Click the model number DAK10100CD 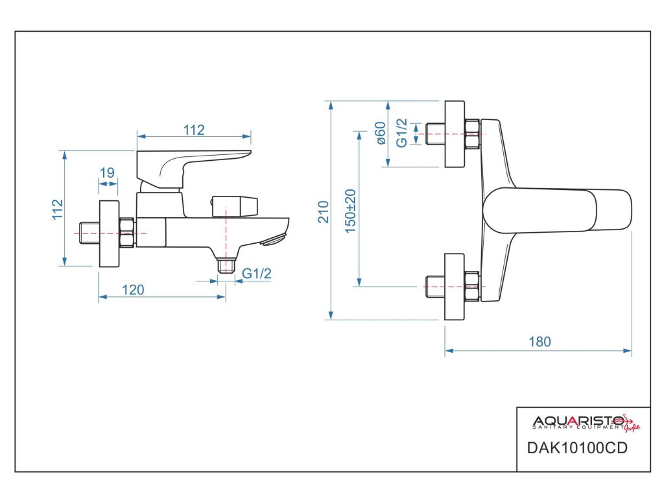[x=576, y=447]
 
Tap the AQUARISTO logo [x=586, y=423]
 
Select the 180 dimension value [x=539, y=342]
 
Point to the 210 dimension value [x=323, y=212]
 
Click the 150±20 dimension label [x=350, y=211]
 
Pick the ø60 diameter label [x=381, y=133]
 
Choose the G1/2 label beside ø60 [x=401, y=133]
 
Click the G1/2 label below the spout [x=257, y=274]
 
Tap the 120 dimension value [x=133, y=290]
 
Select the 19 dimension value [x=107, y=172]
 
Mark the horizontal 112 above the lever [x=194, y=130]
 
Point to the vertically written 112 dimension [x=57, y=209]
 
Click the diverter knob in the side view [x=235, y=206]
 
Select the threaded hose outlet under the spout [x=226, y=266]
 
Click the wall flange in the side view [x=109, y=233]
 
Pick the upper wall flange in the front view [x=455, y=134]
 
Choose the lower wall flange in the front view [x=455, y=287]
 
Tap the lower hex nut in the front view [x=472, y=287]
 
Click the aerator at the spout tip [x=274, y=240]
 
